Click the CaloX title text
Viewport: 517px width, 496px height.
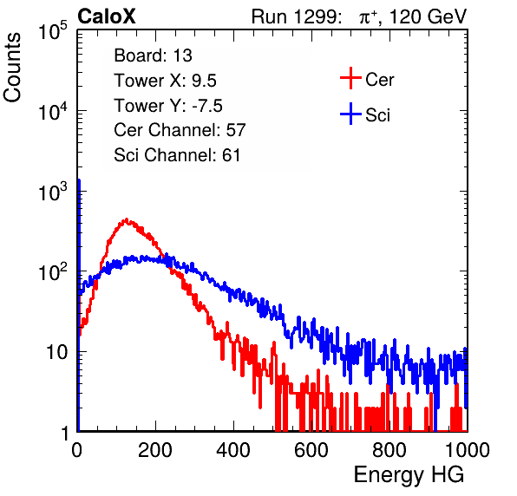pos(107,16)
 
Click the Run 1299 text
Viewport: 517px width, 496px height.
pos(296,16)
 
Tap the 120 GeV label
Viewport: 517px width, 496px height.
pos(429,16)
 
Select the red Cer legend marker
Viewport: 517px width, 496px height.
pos(350,78)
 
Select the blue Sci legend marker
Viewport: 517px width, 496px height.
pos(350,114)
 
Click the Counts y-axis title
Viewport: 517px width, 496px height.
pos(12,68)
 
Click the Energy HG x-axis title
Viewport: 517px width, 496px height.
pos(409,474)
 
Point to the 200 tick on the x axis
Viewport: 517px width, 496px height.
pos(155,450)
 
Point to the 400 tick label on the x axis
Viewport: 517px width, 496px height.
pos(233,450)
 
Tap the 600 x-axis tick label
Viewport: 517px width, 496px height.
pos(311,450)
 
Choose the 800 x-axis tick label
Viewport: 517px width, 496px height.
pos(389,450)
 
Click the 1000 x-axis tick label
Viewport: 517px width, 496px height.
pos(468,450)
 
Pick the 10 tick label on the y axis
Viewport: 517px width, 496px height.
pos(56,352)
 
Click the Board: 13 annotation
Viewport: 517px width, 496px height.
pos(153,55)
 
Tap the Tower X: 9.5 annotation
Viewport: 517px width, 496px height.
pos(165,81)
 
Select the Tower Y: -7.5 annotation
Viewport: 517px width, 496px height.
pos(168,106)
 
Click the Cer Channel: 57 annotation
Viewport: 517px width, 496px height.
pos(180,130)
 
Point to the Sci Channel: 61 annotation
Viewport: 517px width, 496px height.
pos(177,155)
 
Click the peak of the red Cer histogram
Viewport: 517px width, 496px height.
pos(126,219)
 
